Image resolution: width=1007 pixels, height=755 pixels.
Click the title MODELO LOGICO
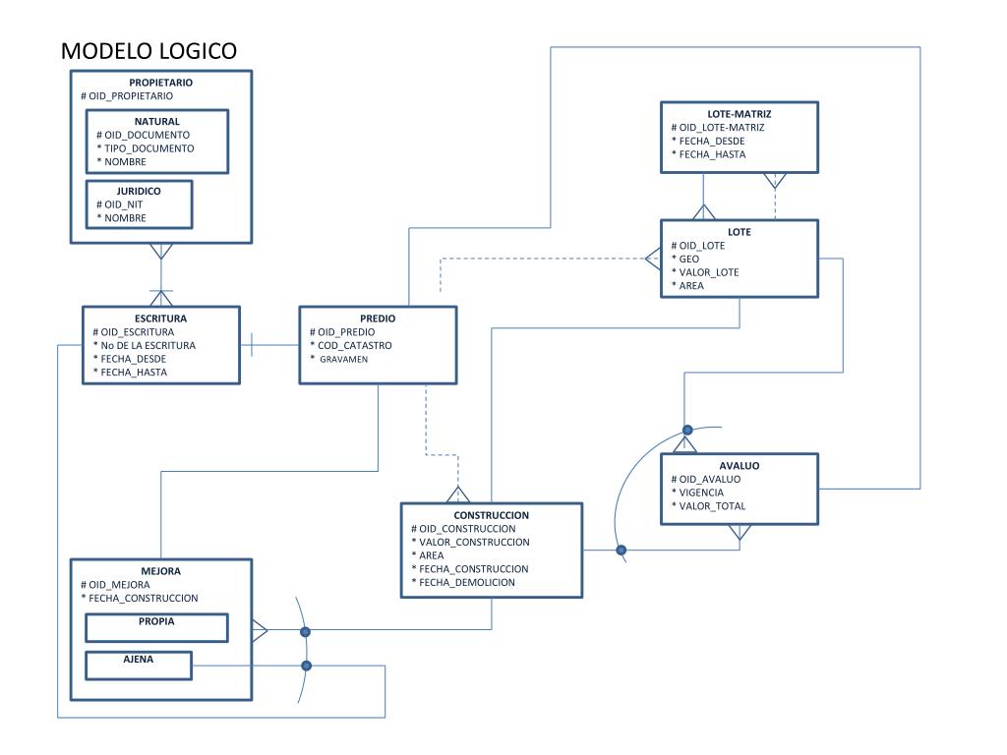point(148,51)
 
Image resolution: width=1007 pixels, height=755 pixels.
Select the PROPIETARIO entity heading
point(160,83)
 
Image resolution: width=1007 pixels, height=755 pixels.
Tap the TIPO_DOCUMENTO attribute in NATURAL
point(149,147)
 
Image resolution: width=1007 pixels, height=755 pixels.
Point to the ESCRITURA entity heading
point(160,319)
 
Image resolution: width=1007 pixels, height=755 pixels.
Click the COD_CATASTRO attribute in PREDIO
point(354,345)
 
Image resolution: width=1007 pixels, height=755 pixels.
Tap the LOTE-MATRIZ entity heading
point(739,114)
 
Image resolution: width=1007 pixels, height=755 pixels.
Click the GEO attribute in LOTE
point(688,259)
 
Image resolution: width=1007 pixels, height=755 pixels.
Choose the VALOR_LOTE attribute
point(708,272)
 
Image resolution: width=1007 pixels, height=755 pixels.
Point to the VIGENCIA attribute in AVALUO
point(702,493)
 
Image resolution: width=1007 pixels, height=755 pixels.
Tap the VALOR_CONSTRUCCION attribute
point(474,542)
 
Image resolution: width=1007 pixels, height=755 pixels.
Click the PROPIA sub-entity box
point(157,626)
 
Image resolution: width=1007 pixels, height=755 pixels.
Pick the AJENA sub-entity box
point(138,665)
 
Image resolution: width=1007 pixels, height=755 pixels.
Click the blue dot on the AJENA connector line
point(306,666)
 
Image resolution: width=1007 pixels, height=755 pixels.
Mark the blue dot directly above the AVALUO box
point(687,430)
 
